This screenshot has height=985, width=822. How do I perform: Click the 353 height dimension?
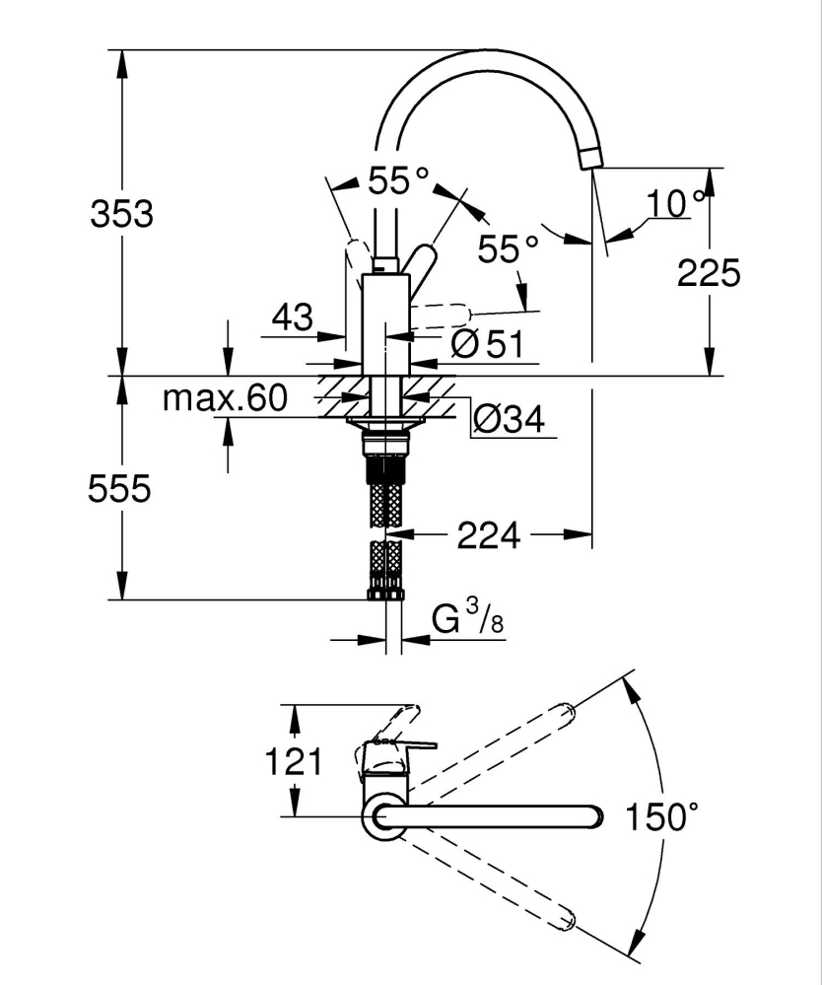tap(121, 213)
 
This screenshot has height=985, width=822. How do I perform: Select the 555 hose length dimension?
tap(119, 488)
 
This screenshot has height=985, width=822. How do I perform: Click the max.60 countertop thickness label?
tap(225, 398)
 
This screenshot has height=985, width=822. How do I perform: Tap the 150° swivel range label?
tap(662, 816)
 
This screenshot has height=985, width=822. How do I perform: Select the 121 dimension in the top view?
tap(296, 761)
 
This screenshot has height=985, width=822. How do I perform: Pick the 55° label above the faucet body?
tap(398, 180)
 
